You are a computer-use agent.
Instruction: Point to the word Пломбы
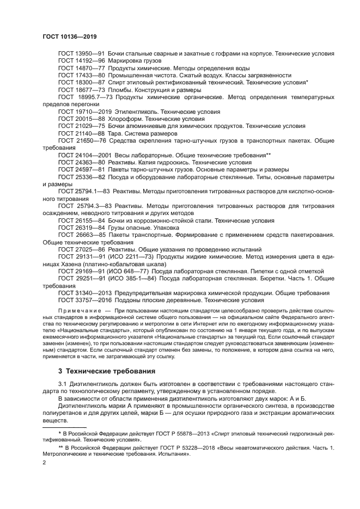coord(121,89)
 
